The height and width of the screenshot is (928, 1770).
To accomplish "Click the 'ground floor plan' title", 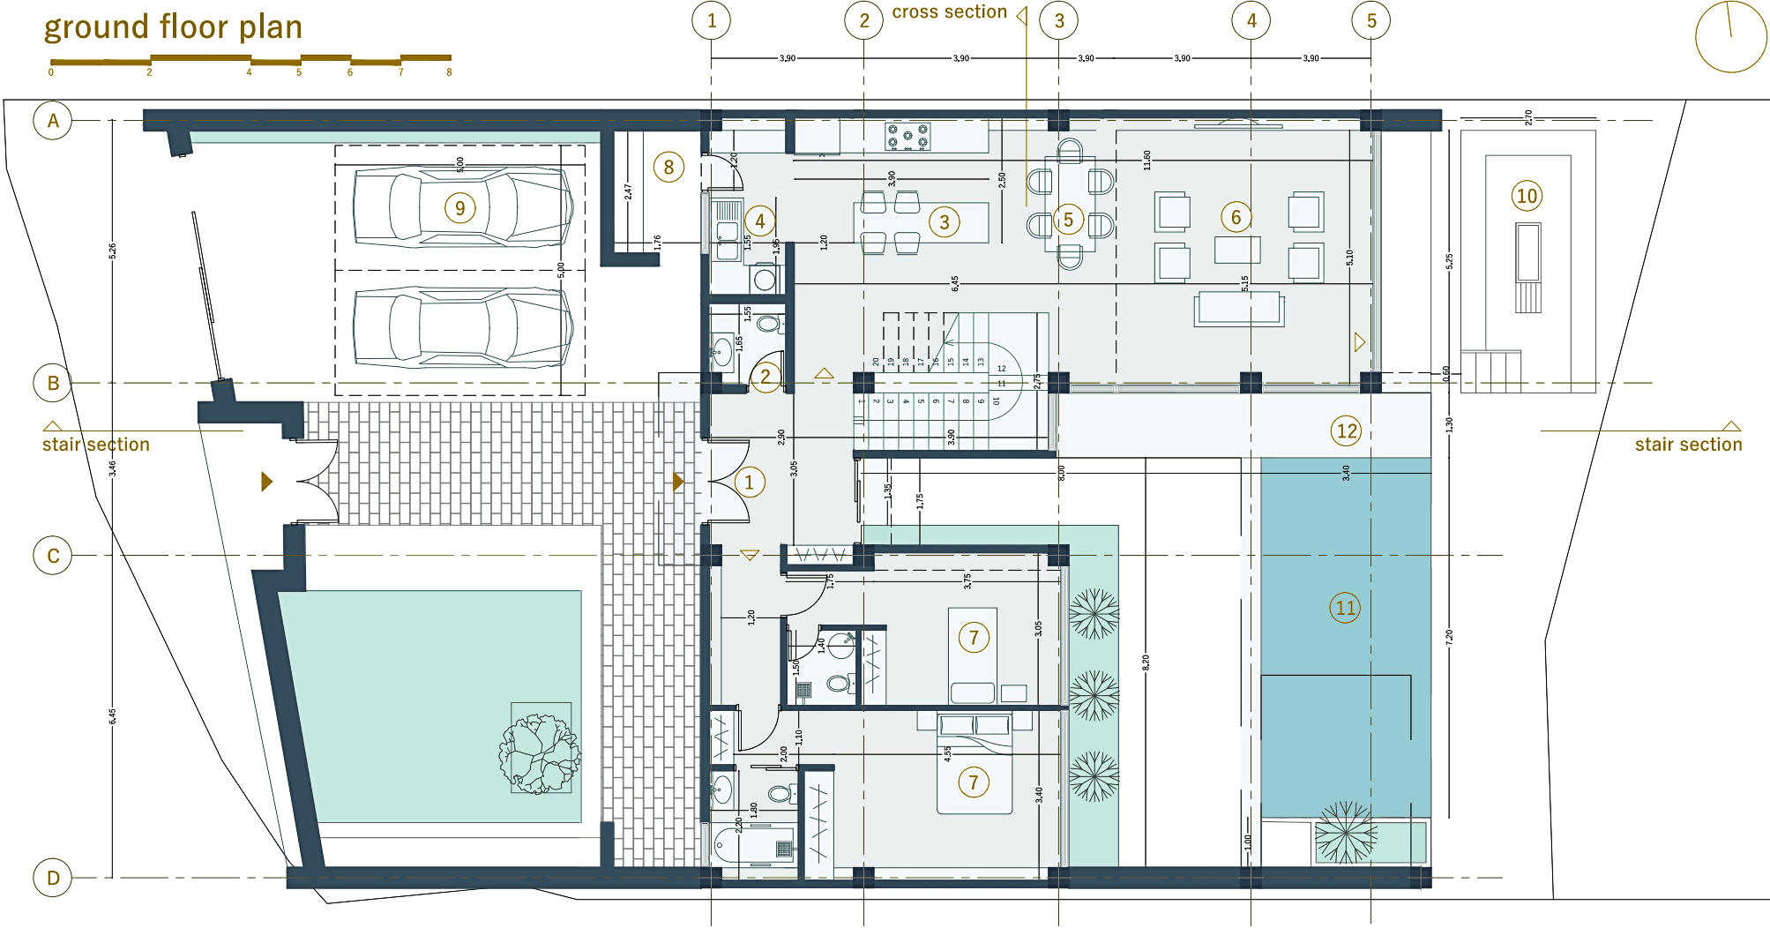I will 173,27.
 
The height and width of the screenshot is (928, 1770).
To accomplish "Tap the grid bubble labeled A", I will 53,121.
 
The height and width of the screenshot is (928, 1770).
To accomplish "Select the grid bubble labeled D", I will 53,878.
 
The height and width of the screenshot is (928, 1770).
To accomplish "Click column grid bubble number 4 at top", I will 1251,20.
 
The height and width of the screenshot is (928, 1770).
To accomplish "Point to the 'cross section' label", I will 949,12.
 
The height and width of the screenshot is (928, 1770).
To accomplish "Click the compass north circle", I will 1730,37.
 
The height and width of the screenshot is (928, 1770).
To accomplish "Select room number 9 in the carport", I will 459,208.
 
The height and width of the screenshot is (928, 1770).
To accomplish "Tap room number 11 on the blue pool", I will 1345,608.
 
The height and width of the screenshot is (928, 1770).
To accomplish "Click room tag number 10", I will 1527,196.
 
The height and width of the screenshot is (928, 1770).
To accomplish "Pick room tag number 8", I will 668,167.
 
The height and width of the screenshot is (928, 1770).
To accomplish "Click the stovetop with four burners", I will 907,137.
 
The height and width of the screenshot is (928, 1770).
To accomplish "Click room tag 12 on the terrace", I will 1346,430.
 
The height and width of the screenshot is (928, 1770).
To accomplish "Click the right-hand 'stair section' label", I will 1688,445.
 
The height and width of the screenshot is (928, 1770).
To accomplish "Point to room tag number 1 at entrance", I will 750,482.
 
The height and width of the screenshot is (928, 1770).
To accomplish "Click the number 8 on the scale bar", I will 449,72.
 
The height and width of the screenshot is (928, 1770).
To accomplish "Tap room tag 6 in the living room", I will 1236,217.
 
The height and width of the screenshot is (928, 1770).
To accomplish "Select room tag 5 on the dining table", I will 1068,220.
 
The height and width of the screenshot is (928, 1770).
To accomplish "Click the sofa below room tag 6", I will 1238,309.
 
